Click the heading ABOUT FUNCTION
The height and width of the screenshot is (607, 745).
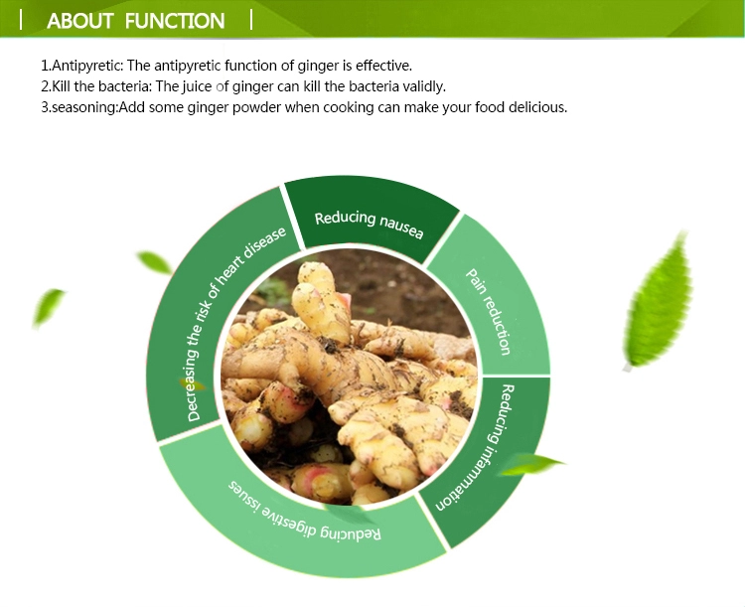tap(136, 20)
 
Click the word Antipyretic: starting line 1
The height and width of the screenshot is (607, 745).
tap(84, 66)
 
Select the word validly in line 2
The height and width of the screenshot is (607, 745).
tap(421, 86)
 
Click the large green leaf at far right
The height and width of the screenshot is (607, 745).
tap(657, 302)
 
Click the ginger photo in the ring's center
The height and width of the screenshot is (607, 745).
tap(348, 382)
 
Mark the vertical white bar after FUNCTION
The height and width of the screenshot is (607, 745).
tap(251, 19)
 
